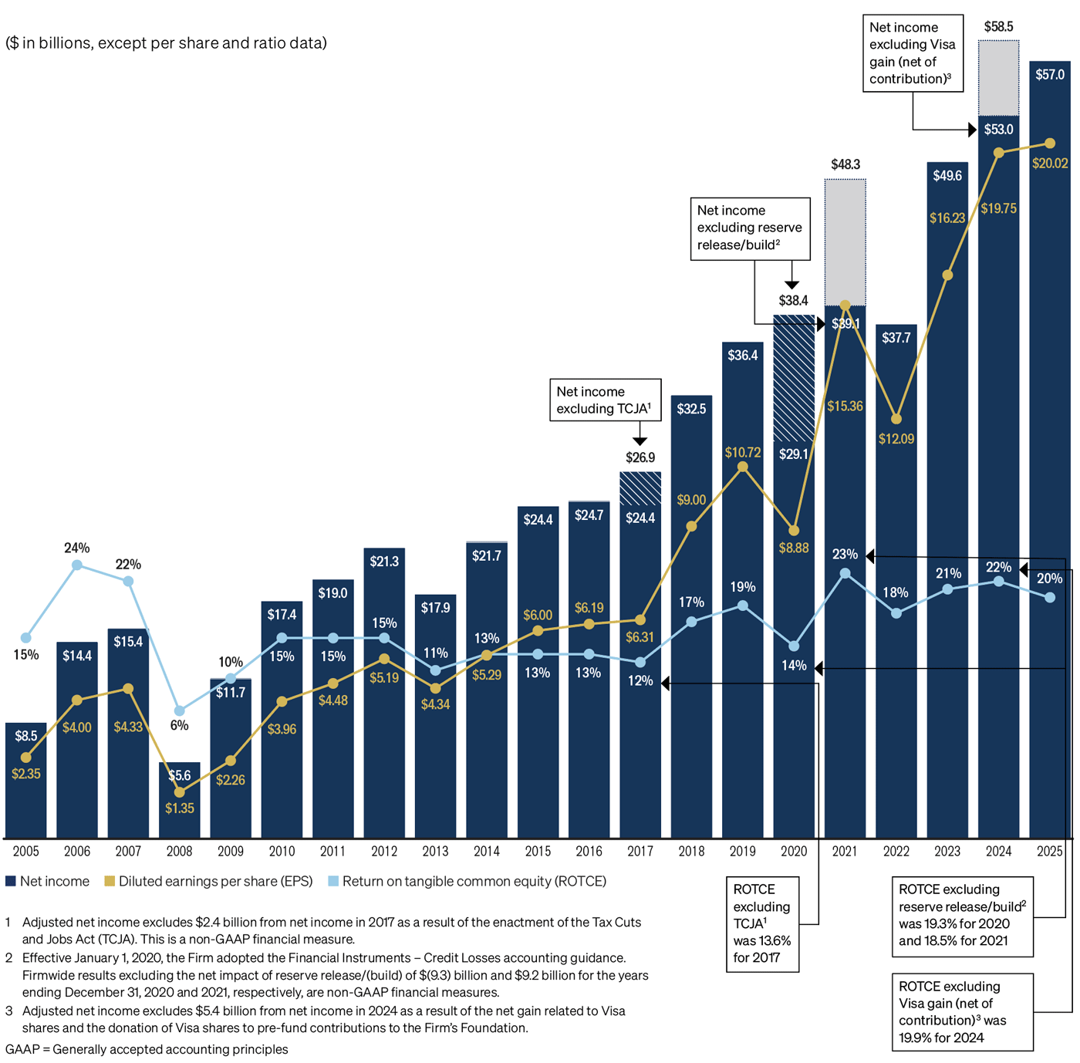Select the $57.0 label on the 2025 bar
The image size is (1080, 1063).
click(1049, 75)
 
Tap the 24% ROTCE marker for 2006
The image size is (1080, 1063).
click(77, 565)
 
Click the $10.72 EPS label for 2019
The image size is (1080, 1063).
click(742, 452)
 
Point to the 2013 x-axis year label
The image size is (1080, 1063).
click(435, 851)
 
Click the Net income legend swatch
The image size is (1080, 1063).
click(11, 881)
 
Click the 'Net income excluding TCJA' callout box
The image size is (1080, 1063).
click(605, 400)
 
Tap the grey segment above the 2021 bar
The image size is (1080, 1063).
click(845, 241)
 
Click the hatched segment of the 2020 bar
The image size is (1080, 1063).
click(794, 378)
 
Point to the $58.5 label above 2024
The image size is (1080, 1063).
click(998, 27)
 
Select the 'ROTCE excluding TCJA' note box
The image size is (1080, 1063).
click(762, 923)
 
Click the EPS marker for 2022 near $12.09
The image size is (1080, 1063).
click(896, 419)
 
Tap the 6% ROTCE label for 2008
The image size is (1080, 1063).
click(179, 725)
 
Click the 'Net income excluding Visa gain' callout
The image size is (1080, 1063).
click(913, 53)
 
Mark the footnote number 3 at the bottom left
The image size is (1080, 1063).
click(8, 1011)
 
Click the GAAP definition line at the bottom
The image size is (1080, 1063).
click(147, 1049)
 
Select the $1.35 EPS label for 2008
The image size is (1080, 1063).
click(179, 808)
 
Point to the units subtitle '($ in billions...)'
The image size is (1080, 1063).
click(166, 43)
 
